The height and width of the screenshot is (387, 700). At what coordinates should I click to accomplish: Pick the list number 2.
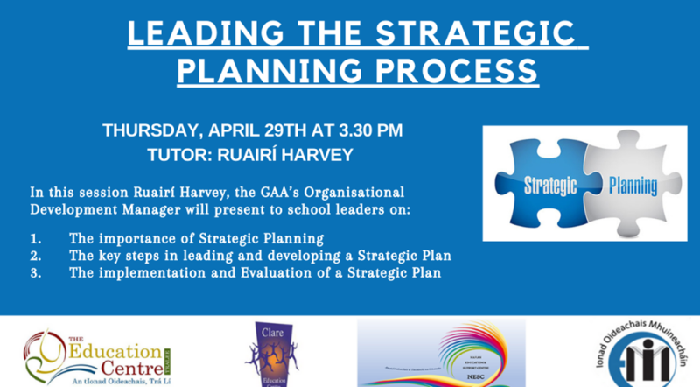point(34,255)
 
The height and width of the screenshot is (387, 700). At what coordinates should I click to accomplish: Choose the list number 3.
point(34,272)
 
